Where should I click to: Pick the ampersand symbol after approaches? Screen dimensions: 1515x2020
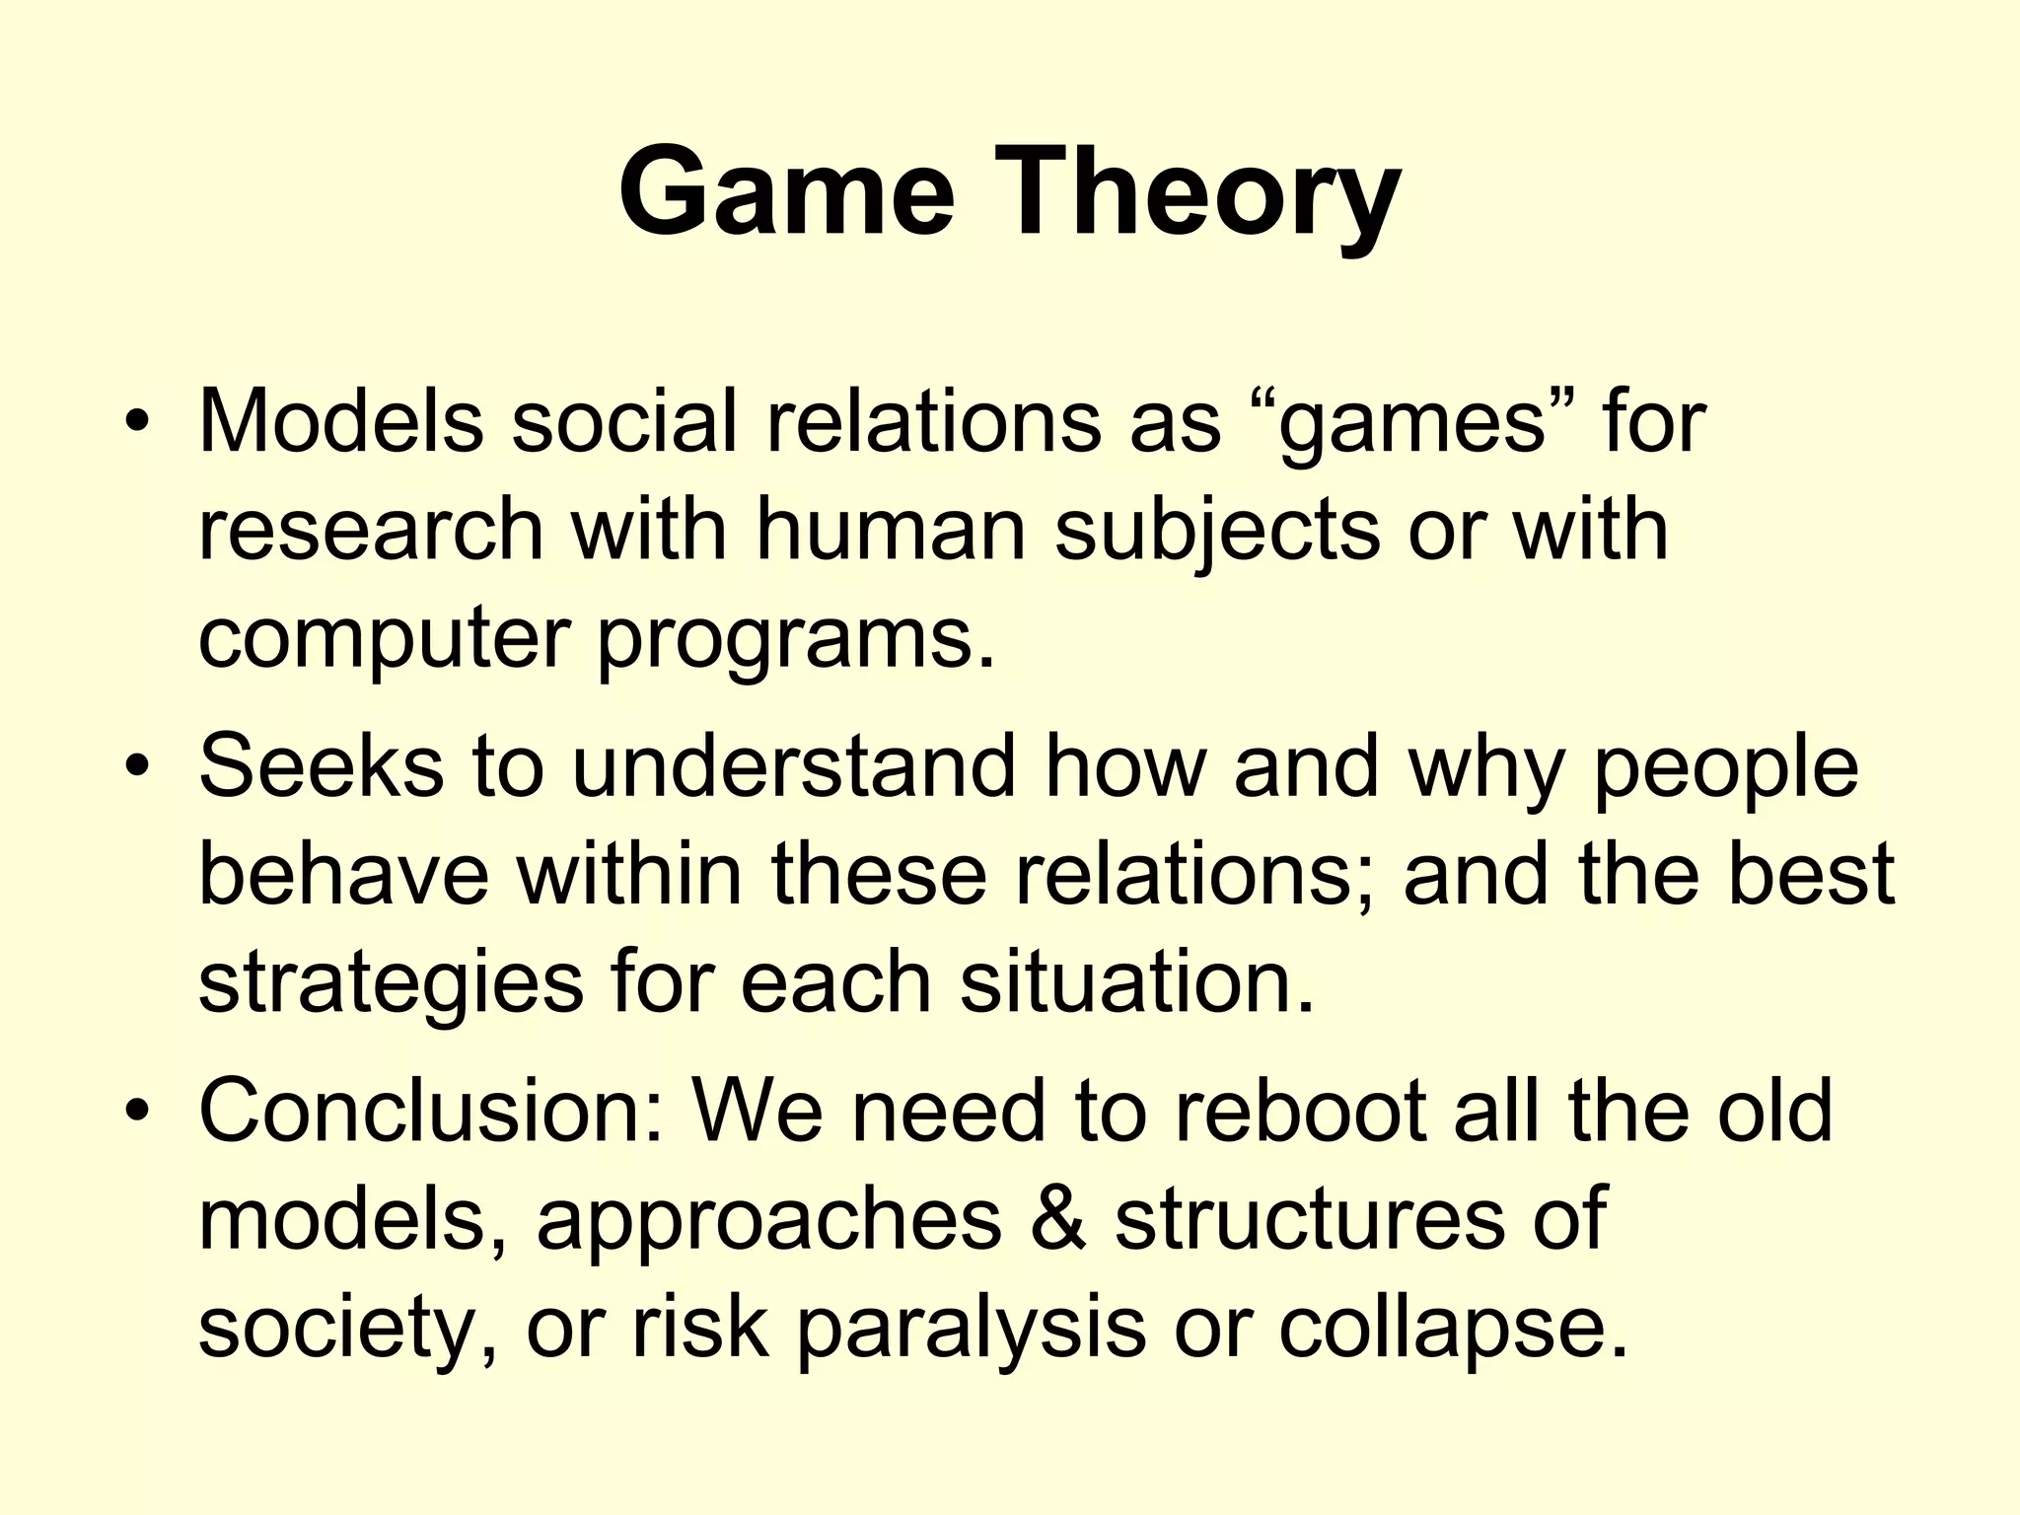pos(1057,1219)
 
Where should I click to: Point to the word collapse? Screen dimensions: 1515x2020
pos(1451,1330)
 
